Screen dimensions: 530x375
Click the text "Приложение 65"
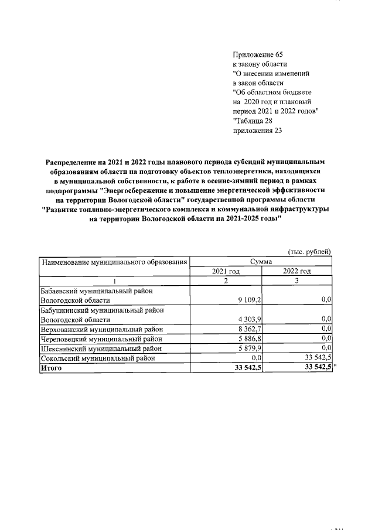click(x=258, y=54)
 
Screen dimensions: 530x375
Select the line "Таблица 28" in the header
click(x=255, y=121)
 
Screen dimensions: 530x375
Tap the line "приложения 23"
click(x=257, y=131)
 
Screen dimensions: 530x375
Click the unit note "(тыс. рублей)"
click(x=309, y=251)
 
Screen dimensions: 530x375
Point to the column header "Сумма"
click(x=263, y=262)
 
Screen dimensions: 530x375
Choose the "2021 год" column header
click(x=226, y=271)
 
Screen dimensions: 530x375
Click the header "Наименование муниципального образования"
click(x=115, y=262)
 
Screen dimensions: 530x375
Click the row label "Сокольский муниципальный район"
click(x=97, y=358)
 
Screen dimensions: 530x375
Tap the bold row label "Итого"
click(x=50, y=368)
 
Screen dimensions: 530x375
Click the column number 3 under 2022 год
click(x=296, y=281)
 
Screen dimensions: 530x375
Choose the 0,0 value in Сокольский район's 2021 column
click(x=255, y=358)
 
